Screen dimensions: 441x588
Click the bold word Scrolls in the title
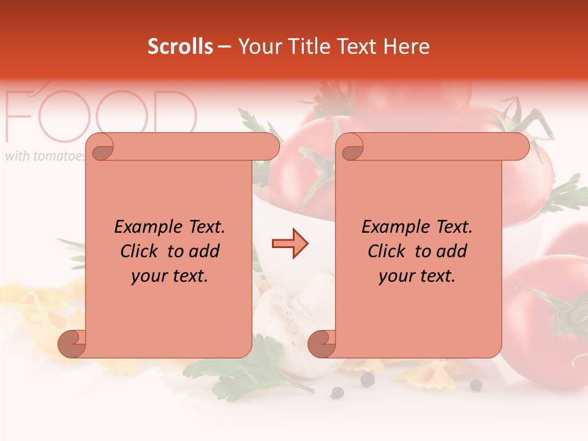pos(180,47)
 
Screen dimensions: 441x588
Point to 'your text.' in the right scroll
pos(417,276)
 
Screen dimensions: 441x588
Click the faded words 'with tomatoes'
pos(44,156)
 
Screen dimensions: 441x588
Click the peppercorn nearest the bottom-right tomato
pos(476,385)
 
